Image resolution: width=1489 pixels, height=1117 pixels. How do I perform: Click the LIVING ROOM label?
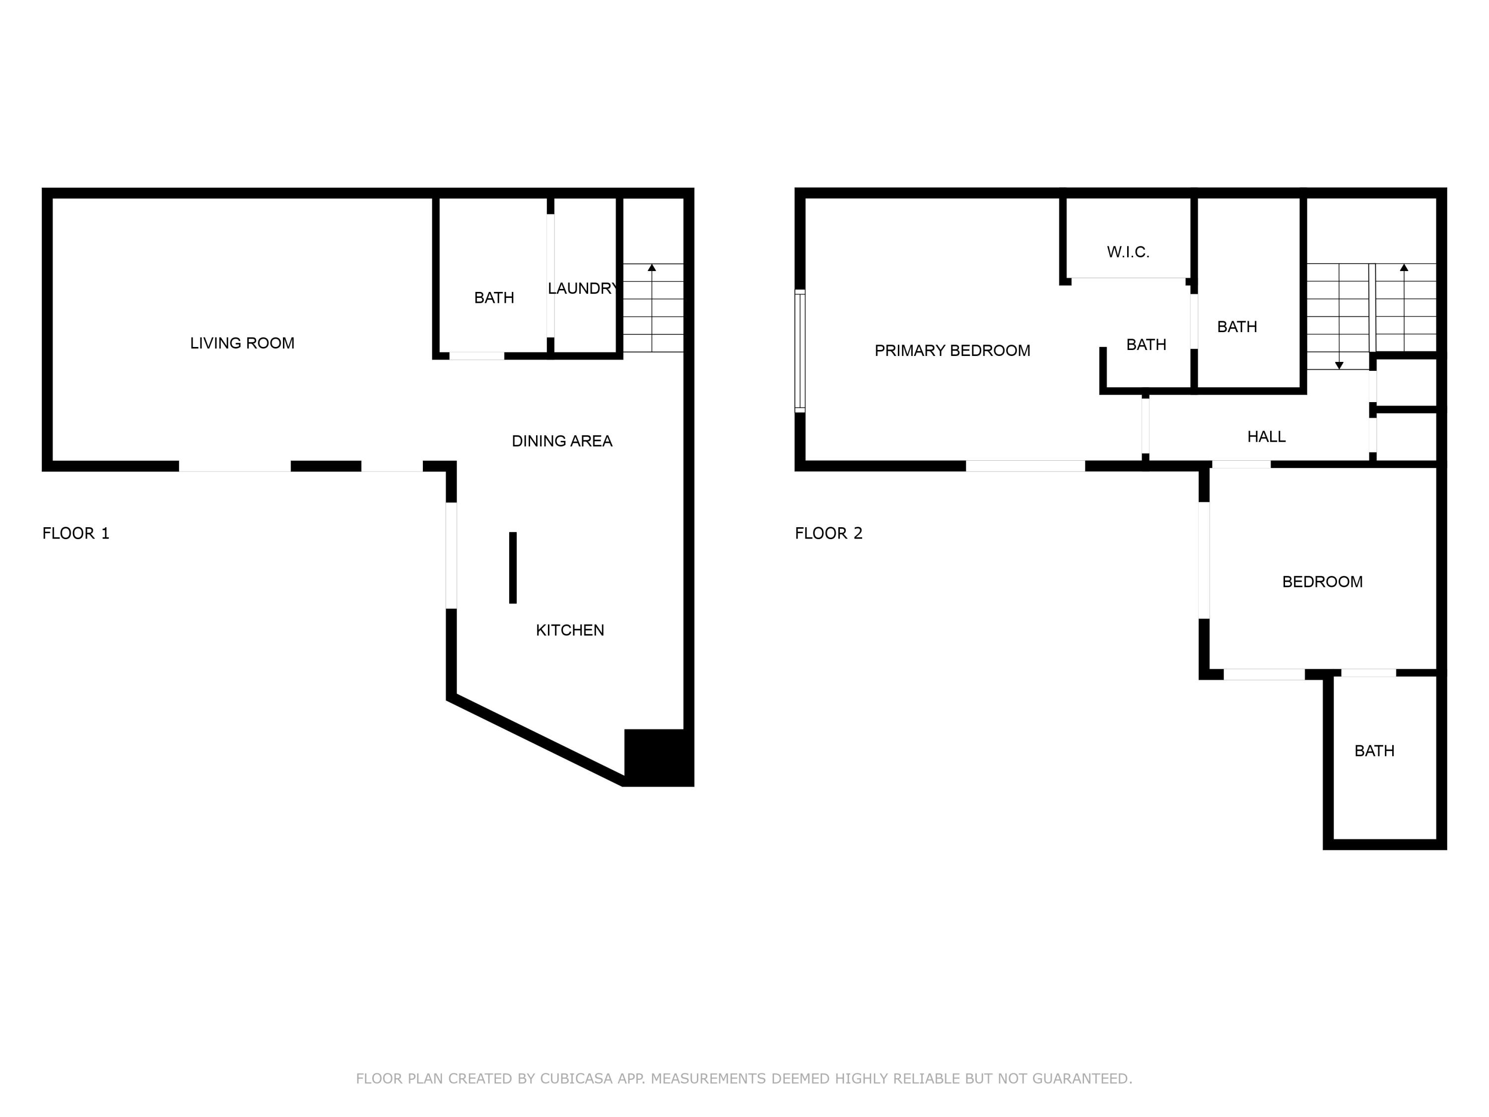tap(242, 344)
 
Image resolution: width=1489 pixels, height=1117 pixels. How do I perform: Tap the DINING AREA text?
tap(561, 441)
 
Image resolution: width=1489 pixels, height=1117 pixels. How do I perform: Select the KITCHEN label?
tap(569, 630)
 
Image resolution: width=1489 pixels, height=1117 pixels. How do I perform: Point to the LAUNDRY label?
tap(582, 289)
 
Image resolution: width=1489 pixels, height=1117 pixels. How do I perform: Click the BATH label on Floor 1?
tap(493, 297)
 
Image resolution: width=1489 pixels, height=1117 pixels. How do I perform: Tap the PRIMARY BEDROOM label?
tap(952, 351)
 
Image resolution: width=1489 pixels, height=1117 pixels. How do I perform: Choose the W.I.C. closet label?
tap(1128, 253)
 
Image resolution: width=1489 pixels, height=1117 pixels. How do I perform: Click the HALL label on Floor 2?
tap(1266, 437)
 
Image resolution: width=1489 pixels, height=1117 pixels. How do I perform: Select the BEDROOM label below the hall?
tap(1322, 582)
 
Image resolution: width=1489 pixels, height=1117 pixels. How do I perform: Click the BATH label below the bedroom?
tap(1374, 751)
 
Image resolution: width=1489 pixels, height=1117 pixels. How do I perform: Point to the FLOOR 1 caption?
tap(75, 533)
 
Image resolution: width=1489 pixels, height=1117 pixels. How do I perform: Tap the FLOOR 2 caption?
tap(828, 533)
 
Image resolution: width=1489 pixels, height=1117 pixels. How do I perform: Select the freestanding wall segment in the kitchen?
tap(513, 567)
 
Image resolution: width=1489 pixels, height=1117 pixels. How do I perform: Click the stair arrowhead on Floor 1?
tap(652, 268)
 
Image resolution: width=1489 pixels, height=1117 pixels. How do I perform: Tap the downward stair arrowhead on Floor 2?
tap(1339, 365)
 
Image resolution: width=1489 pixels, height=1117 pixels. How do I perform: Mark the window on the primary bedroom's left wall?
tap(800, 351)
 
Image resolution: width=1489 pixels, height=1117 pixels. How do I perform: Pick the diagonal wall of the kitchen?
tap(535, 741)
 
